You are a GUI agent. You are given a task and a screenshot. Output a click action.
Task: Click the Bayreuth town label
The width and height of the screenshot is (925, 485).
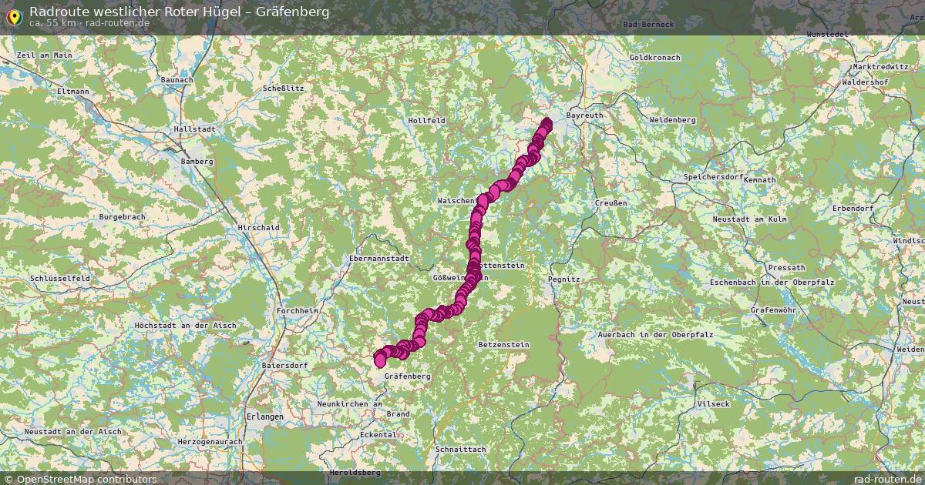584,115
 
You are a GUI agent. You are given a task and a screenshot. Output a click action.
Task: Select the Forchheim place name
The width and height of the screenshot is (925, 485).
297,311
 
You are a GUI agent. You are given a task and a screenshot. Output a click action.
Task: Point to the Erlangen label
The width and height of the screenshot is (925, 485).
264,416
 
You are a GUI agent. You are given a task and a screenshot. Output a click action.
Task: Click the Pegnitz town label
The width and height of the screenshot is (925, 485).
563,279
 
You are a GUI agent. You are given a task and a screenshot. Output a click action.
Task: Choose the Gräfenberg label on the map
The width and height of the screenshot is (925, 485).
406,376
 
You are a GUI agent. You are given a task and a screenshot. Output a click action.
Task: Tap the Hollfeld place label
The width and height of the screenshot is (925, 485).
426,121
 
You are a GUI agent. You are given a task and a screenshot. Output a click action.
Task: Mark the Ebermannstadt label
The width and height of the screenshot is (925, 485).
379,259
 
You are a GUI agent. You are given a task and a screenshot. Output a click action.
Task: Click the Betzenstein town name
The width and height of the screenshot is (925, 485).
503,344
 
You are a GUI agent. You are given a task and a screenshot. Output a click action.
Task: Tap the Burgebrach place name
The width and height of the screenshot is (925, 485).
122,217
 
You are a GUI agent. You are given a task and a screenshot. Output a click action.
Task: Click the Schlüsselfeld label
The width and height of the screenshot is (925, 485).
59,278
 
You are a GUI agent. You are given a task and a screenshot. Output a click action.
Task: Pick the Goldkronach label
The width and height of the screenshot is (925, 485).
654,58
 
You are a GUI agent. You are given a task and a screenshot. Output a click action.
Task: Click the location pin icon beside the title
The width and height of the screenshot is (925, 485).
14,14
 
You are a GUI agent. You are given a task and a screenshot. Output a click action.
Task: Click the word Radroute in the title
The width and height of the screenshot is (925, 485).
55,12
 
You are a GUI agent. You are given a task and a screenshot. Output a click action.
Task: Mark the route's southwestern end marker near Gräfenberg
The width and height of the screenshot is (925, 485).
380,360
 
